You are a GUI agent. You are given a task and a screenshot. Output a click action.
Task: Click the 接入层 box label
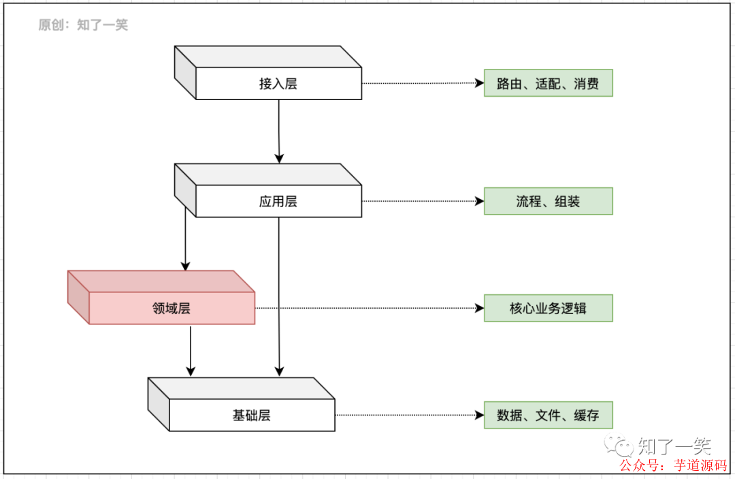click(x=278, y=84)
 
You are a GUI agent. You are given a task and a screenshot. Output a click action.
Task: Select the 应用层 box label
click(x=278, y=202)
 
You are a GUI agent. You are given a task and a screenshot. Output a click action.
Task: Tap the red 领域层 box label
click(x=171, y=309)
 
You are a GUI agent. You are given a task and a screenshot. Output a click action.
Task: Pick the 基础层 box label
click(x=252, y=416)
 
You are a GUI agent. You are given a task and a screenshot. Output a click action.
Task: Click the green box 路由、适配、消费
click(x=548, y=83)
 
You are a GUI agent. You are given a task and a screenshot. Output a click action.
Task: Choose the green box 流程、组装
click(x=548, y=202)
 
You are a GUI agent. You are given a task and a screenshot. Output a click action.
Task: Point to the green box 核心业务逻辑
click(x=548, y=309)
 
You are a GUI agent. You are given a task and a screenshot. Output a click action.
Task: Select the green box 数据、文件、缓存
click(x=548, y=416)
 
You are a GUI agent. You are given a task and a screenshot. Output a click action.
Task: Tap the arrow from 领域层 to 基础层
click(x=191, y=350)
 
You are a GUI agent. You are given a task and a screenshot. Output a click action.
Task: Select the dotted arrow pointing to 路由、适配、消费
click(x=422, y=83)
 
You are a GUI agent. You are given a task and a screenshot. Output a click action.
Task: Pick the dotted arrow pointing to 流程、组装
click(x=422, y=202)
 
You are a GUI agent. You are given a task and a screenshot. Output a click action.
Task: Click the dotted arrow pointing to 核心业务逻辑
click(x=367, y=308)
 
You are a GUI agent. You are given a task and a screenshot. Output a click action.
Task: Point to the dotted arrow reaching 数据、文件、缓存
click(x=408, y=415)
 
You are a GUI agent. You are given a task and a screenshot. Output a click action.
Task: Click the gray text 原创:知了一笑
click(x=83, y=25)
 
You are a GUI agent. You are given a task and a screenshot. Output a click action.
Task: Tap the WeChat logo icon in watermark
click(x=623, y=446)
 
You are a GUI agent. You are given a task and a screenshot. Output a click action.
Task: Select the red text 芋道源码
click(x=700, y=465)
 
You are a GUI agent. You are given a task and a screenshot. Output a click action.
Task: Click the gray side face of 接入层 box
click(x=185, y=72)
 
